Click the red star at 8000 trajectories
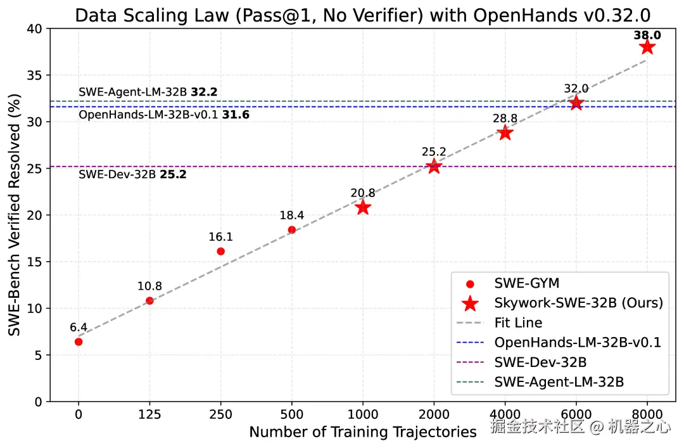click(647, 47)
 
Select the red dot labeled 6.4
click(79, 342)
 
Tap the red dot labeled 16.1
click(220, 252)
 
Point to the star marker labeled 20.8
click(363, 207)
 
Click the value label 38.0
click(647, 35)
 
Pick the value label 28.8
click(505, 118)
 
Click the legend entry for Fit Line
click(518, 323)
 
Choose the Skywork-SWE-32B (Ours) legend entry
click(578, 303)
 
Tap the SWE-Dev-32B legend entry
click(540, 362)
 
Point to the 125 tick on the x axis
click(149, 414)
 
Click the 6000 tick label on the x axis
click(576, 414)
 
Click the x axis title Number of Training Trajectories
click(362, 432)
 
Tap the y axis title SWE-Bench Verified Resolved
click(14, 215)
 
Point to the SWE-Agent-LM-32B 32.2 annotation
click(148, 93)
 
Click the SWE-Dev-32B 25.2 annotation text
click(132, 174)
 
